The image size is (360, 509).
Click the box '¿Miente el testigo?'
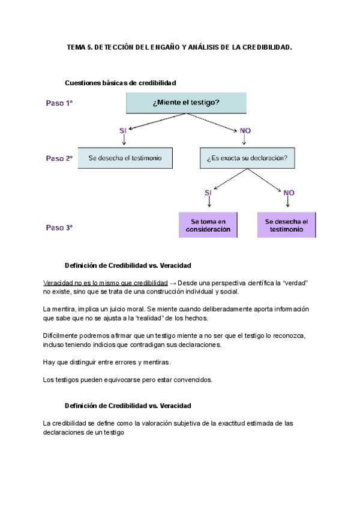click(x=186, y=103)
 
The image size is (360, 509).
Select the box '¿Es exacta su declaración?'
click(x=246, y=158)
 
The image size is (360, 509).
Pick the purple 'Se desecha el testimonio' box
click(x=288, y=225)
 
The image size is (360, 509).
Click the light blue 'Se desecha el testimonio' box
click(x=125, y=158)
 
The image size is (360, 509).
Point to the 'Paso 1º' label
click(x=59, y=103)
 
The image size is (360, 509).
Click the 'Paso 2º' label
click(x=59, y=158)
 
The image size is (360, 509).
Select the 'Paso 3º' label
click(x=59, y=227)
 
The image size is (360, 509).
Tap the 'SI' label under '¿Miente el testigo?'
click(x=123, y=130)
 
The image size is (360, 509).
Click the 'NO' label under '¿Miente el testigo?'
click(x=245, y=130)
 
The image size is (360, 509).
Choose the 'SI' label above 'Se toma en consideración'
click(x=208, y=193)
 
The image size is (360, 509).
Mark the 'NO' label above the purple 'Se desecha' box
click(x=289, y=193)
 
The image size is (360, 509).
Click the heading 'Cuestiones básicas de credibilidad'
click(x=120, y=82)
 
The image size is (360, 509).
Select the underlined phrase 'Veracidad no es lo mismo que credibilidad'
click(x=106, y=282)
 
